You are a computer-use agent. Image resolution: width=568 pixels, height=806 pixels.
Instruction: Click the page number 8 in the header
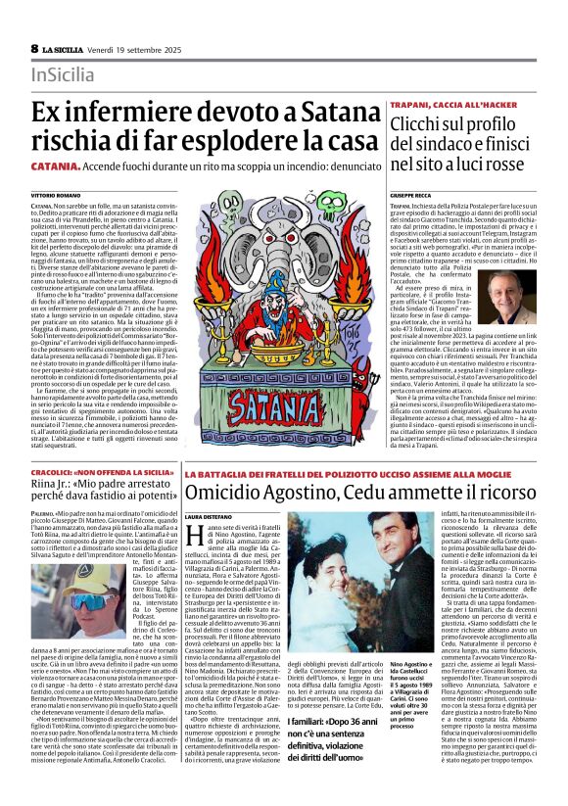pyautogui.click(x=35, y=48)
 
